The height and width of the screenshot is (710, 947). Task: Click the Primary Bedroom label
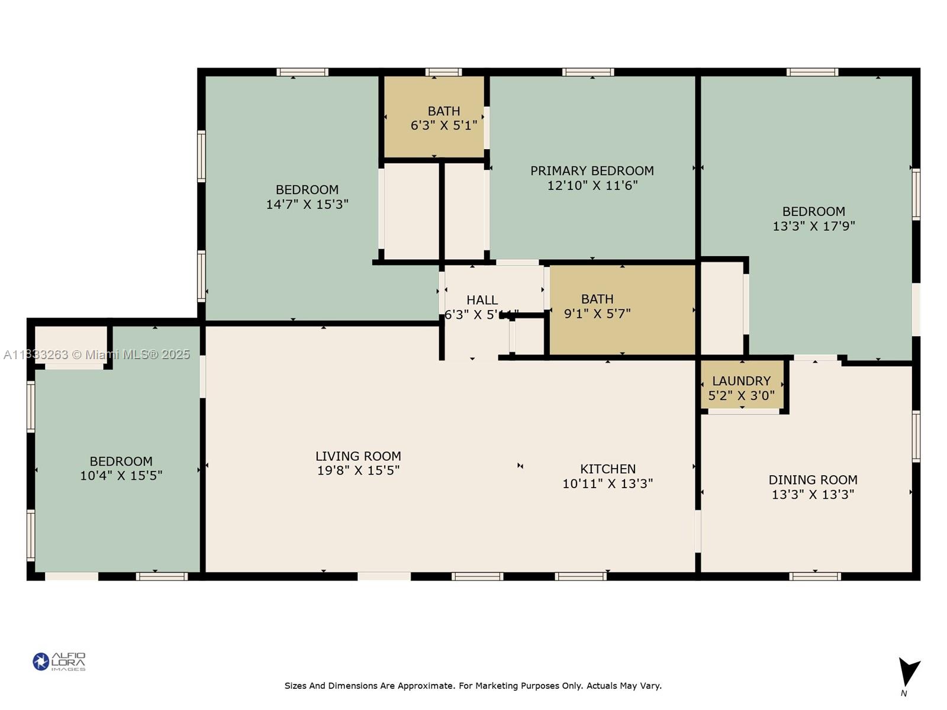coord(592,171)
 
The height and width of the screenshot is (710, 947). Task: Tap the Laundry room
coord(742,388)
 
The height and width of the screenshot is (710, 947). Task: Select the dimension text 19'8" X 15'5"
coord(358,470)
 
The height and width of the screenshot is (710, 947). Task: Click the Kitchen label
coord(608,469)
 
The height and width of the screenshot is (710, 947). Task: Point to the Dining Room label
coord(813,480)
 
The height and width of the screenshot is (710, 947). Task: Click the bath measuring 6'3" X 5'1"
coord(443,118)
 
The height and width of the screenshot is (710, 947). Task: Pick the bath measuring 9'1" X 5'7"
coord(597,306)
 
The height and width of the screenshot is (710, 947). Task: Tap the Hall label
coord(482,300)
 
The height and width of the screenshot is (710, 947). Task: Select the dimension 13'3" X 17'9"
coord(814,226)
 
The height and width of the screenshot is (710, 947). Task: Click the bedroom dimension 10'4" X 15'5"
coord(121,476)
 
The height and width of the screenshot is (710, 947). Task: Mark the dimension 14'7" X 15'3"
coord(307,205)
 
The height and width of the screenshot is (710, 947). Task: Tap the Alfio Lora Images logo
coord(59,661)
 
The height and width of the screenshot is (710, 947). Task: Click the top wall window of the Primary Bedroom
coord(588,72)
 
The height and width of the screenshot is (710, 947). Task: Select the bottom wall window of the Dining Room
coord(814,576)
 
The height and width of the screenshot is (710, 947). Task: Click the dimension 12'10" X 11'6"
coord(592,186)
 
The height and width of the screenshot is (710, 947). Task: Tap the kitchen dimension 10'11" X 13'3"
coord(607,484)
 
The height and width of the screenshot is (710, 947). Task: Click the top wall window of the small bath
coord(443,72)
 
